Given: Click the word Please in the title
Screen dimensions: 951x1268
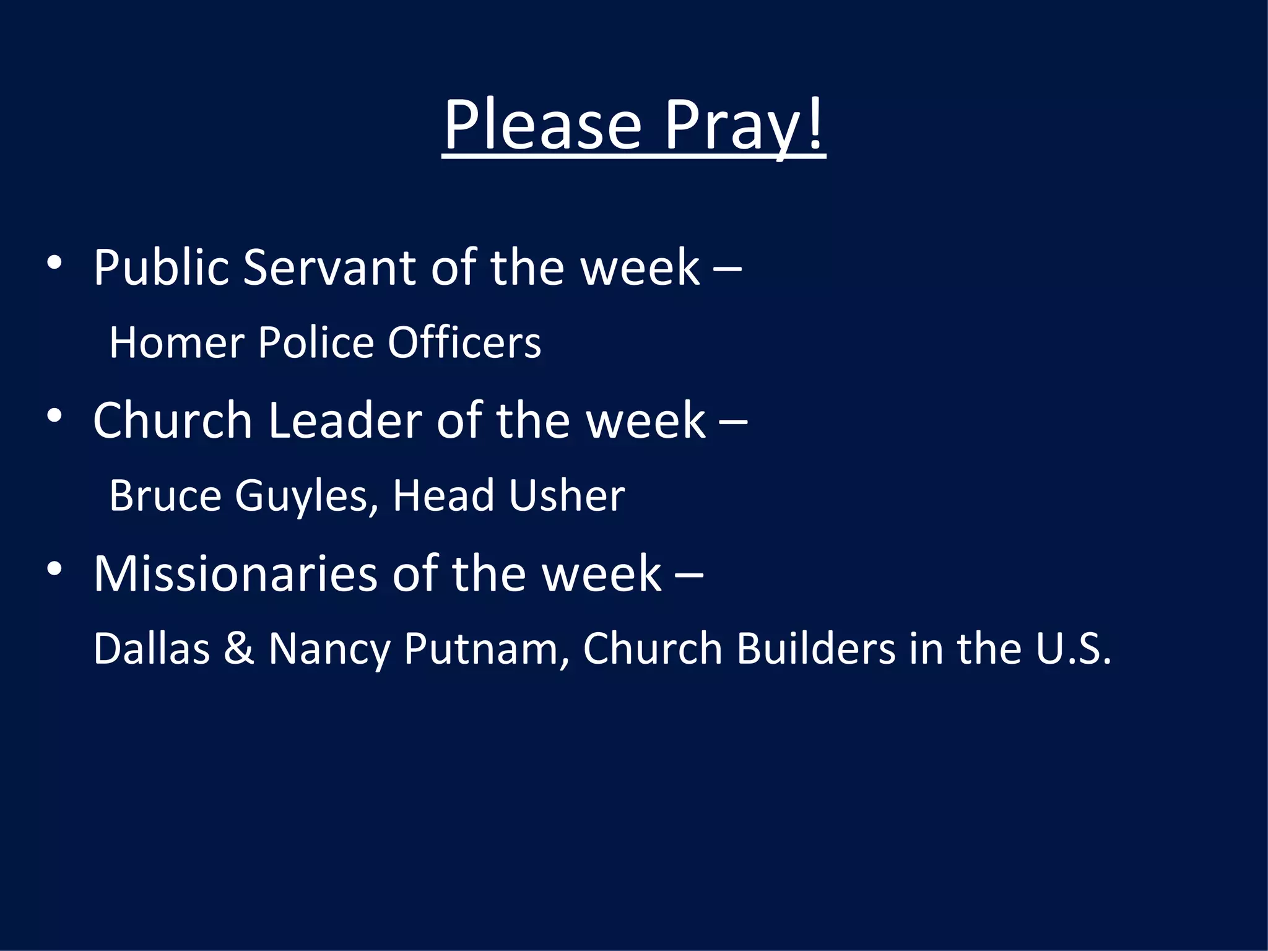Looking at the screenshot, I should pos(542,125).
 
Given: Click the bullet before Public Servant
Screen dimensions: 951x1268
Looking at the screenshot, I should pos(54,263).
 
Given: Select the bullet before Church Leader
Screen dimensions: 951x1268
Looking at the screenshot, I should pos(54,415).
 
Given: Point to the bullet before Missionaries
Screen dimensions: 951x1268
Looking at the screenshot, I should pos(54,568).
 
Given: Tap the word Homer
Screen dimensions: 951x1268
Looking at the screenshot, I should pos(176,342).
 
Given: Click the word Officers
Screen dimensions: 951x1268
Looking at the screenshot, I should pos(464,342).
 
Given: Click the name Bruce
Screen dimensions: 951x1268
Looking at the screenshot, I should pos(165,495).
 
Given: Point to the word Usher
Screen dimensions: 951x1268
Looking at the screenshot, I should pos(567,495).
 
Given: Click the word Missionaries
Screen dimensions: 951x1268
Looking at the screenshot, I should pos(235,573).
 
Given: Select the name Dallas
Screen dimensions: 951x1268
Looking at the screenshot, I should pos(152,648).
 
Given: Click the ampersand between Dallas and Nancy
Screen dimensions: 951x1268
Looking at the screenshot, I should pos(239,648).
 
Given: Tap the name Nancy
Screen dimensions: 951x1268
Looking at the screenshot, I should pos(329,649).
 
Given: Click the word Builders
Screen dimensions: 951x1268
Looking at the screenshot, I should pos(816,648).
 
